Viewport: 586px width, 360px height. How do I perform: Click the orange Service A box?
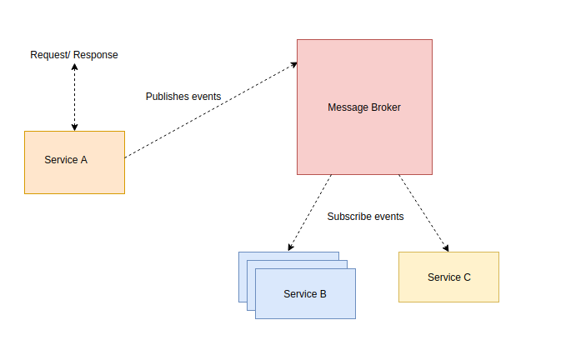click(74, 162)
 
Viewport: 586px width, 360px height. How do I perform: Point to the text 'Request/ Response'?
click(74, 55)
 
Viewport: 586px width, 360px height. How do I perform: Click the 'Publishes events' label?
click(183, 97)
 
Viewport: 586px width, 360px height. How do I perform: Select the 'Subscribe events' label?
click(365, 217)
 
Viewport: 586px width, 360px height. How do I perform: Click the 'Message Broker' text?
click(364, 107)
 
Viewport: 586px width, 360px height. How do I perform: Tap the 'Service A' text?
click(66, 160)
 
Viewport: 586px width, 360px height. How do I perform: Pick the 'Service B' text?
click(305, 294)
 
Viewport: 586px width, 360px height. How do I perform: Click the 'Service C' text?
click(449, 277)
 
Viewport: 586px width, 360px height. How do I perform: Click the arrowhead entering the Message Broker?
click(293, 64)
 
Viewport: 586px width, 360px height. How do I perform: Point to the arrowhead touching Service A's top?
click(74, 127)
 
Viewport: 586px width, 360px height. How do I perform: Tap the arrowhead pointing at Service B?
click(291, 247)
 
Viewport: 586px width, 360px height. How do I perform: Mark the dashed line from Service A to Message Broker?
click(208, 111)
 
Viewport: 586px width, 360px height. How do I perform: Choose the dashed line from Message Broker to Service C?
click(423, 212)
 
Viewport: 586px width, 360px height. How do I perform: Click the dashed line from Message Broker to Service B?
click(310, 212)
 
